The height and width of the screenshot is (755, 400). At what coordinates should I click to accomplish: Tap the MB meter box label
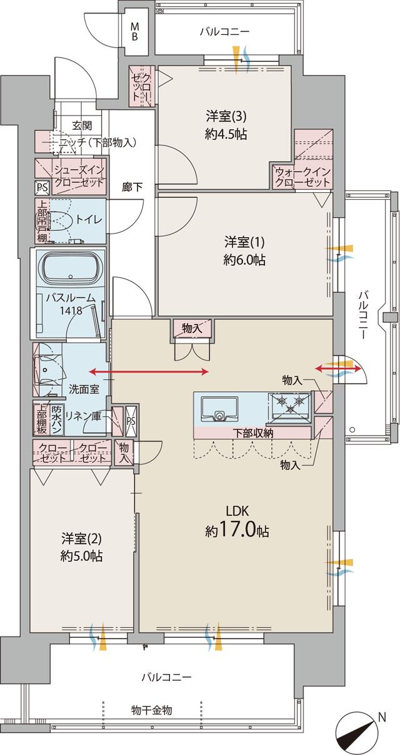tap(135, 31)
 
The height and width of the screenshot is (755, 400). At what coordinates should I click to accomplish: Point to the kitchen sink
tap(217, 409)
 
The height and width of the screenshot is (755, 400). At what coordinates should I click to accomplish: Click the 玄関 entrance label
tap(81, 125)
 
